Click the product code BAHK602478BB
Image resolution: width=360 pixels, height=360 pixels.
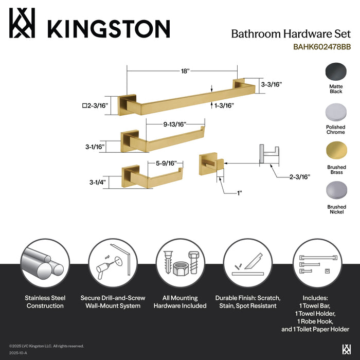pos(322,47)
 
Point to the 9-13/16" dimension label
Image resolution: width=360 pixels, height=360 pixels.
pos(174,123)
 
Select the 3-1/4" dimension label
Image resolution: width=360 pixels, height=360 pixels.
pos(97,182)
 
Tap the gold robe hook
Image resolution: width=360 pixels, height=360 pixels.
pos(211,164)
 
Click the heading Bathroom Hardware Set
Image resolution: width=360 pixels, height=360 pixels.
pos(291,34)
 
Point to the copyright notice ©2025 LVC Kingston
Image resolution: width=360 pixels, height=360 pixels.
pos(46,346)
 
